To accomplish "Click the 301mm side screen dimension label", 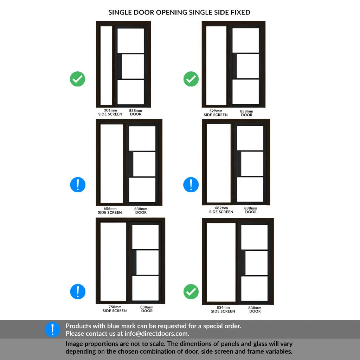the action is [110, 112].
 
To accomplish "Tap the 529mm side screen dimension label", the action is [216, 113].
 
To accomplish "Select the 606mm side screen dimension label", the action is [110, 211].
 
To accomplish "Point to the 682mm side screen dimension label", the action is [221, 210].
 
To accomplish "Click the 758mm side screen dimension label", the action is [115, 309].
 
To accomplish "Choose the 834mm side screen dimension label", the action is [223, 309].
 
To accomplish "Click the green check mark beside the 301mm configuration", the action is [78, 79].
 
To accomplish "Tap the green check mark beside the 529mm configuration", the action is [191, 79].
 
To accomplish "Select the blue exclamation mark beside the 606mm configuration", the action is [78, 185].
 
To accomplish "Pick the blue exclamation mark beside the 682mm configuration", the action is [191, 185].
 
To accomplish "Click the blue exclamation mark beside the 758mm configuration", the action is [78, 291].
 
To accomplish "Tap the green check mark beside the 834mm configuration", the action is [191, 291].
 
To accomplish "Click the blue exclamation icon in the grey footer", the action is [52, 329].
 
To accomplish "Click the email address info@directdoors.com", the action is [156, 333].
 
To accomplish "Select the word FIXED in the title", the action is [240, 12].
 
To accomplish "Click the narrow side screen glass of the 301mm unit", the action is [106, 65].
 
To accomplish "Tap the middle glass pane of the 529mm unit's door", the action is [247, 66].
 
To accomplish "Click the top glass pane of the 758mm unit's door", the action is [145, 237].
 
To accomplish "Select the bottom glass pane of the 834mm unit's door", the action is [255, 289].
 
